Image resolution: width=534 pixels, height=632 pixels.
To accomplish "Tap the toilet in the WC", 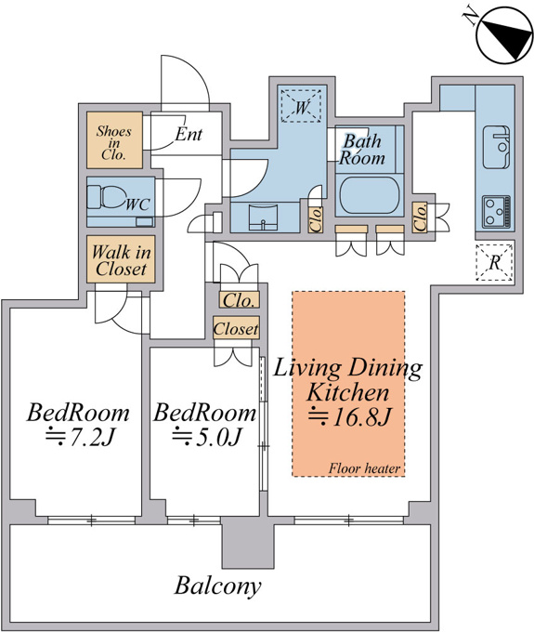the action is tap(106, 198).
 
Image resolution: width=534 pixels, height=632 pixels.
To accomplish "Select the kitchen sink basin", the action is tap(496, 147).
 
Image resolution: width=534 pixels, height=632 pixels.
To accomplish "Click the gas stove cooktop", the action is tap(497, 212).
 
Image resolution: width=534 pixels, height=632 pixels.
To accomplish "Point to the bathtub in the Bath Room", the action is tap(370, 195).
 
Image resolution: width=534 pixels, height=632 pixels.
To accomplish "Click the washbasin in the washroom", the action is tap(264, 217).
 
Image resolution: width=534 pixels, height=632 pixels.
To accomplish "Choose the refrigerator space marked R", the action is tap(494, 262).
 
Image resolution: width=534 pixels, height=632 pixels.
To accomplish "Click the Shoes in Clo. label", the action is tap(114, 143).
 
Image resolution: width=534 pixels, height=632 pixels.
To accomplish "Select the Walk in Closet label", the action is tap(121, 260).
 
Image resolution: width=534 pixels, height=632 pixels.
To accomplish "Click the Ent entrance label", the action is tap(189, 134).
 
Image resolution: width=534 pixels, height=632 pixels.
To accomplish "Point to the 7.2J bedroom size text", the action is tap(81, 438).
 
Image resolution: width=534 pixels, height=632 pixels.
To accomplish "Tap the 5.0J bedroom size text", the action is tap(206, 438).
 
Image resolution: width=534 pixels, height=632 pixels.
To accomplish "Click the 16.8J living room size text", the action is tap(349, 416).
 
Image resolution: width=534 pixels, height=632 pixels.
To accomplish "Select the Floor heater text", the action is tap(364, 468).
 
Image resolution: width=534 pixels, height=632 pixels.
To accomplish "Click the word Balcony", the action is tap(217, 586).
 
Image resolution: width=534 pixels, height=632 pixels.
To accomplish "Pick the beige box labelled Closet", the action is tap(236, 328).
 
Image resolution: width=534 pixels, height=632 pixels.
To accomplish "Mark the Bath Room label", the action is tap(361, 150).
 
